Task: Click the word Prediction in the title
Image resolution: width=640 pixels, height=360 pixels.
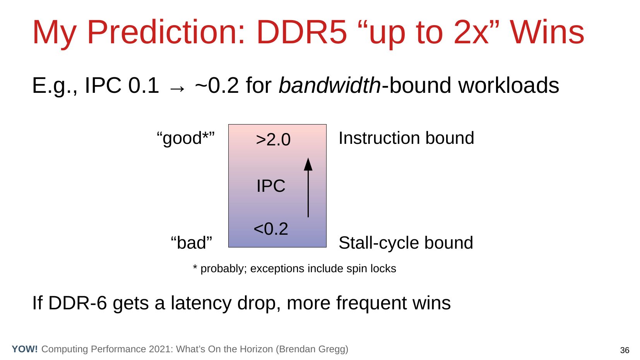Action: point(166,32)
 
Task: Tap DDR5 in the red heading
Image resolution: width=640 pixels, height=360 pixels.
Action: point(302,32)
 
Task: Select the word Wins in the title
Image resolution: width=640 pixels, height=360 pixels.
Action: point(548,32)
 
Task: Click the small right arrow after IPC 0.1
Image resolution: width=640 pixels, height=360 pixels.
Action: point(177,89)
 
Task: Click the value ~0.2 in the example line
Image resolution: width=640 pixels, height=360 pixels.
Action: point(217,85)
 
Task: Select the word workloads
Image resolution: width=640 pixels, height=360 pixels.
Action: point(508,85)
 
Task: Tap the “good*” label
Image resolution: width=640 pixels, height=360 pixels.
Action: point(186,138)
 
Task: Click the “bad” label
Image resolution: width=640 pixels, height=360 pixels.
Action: point(192,243)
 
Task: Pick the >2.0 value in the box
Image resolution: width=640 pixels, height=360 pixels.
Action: point(273,140)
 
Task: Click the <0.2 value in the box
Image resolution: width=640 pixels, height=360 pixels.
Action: point(271,229)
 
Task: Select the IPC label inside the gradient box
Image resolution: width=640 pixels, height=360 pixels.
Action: point(271,186)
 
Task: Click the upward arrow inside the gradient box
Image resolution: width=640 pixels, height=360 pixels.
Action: point(308,188)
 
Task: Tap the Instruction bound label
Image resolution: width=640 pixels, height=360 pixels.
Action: point(406,138)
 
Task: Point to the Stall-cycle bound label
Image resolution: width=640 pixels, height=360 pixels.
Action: point(406,243)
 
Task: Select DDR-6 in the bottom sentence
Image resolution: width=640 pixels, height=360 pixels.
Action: point(78,303)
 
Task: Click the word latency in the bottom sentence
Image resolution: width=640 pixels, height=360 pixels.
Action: point(201,303)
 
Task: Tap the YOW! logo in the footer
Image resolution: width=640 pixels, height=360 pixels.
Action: point(25,349)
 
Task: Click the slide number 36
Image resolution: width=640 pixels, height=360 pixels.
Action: point(625,350)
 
